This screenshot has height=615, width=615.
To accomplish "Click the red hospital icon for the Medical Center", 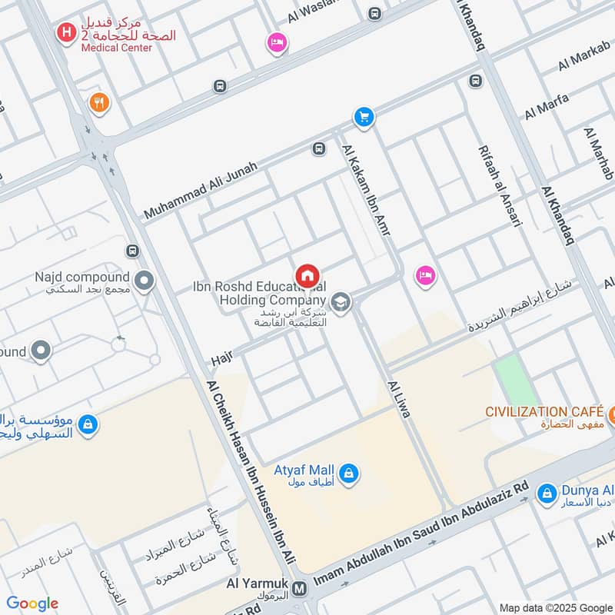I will (x=68, y=32).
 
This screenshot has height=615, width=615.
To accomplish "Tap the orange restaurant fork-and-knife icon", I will (x=98, y=102).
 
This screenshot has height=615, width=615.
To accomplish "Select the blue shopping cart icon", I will (x=364, y=117).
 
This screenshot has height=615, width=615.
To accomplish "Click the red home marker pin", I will (x=307, y=275).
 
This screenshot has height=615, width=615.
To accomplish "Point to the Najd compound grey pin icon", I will (x=144, y=281).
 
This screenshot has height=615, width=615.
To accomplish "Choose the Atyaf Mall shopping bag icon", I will (x=348, y=472).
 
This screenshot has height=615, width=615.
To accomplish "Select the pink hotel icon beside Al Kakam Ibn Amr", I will (x=424, y=274).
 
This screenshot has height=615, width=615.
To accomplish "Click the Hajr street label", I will (x=221, y=359).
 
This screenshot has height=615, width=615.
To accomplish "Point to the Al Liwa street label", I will (x=399, y=399).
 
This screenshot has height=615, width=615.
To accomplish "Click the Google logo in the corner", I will (x=32, y=603).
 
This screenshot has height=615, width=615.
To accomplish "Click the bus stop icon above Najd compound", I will (x=133, y=251).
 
